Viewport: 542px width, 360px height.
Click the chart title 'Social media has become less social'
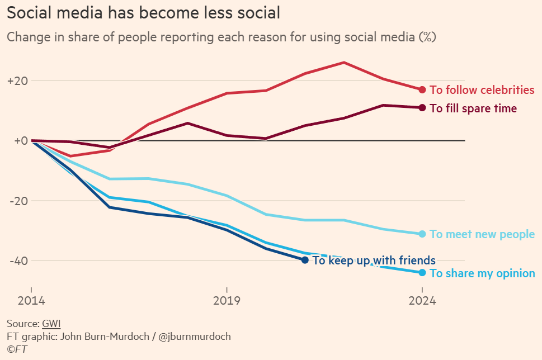(x=143, y=12)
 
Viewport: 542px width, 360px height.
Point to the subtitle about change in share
(x=221, y=37)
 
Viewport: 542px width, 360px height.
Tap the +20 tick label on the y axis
(x=17, y=80)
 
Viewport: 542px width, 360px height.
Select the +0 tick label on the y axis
(x=20, y=141)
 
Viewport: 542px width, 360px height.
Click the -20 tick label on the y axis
(x=17, y=201)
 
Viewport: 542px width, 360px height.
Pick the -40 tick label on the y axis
(x=17, y=260)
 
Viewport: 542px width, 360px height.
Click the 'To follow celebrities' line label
(x=482, y=90)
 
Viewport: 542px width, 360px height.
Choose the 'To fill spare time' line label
(x=473, y=108)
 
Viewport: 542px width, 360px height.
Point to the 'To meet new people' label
(x=482, y=235)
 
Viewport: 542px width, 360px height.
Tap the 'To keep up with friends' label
(x=374, y=260)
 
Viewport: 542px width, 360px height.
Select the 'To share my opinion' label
(x=482, y=273)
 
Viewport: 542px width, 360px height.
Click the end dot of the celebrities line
(x=422, y=89)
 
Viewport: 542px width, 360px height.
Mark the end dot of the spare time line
(x=422, y=108)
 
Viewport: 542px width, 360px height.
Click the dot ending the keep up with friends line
(x=305, y=260)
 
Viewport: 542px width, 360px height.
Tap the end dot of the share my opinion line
(x=422, y=273)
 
